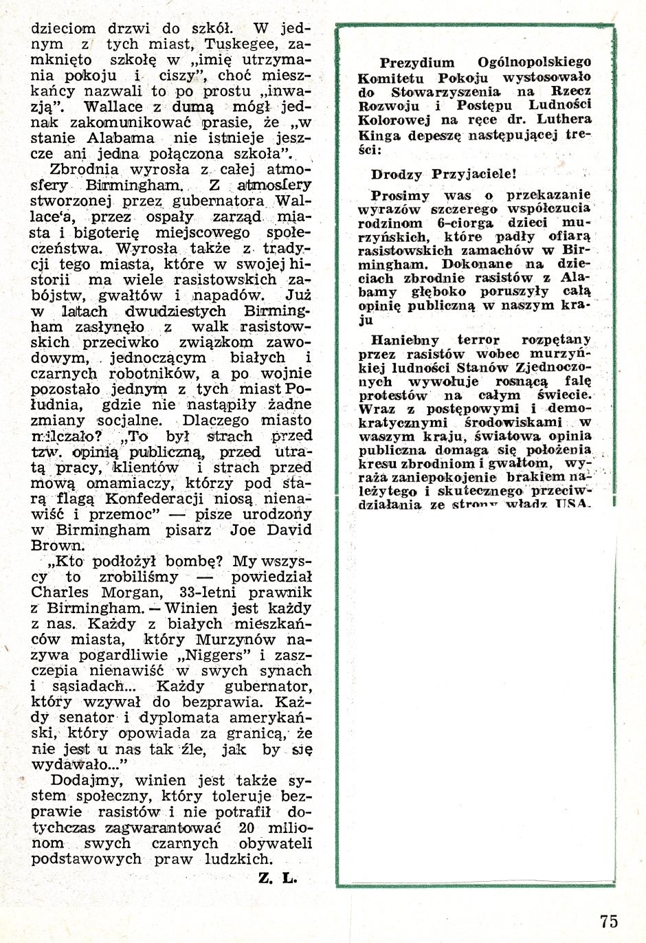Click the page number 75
coord(608,921)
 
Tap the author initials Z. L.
coord(278,878)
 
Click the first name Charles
coord(60,592)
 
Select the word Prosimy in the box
coord(400,195)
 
